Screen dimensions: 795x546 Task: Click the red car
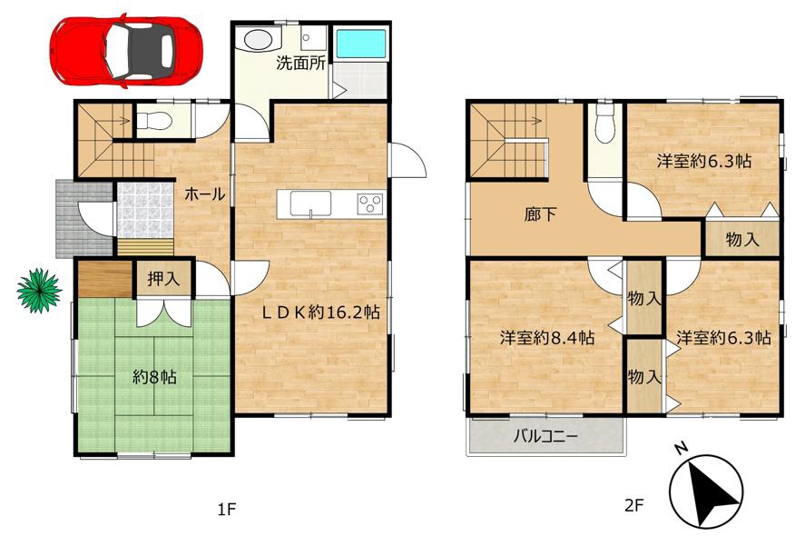pyautogui.click(x=126, y=51)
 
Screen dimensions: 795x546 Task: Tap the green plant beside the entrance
pyautogui.click(x=39, y=291)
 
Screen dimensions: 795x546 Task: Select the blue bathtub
pyautogui.click(x=361, y=43)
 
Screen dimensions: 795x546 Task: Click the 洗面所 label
pyautogui.click(x=300, y=64)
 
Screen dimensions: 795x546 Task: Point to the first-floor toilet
pyautogui.click(x=154, y=120)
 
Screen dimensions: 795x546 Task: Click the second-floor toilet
pyautogui.click(x=604, y=124)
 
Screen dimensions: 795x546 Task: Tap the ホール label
pyautogui.click(x=204, y=194)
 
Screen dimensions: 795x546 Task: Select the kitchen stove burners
pyautogui.click(x=369, y=204)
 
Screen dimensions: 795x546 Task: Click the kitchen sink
pyautogui.click(x=310, y=204)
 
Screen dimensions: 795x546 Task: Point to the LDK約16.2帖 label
pyautogui.click(x=320, y=313)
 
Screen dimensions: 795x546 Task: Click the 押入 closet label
pyautogui.click(x=163, y=279)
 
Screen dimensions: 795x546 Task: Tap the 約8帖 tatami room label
pyautogui.click(x=154, y=377)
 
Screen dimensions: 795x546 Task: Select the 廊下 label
pyautogui.click(x=540, y=214)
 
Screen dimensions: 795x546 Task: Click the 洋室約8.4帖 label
pyautogui.click(x=547, y=337)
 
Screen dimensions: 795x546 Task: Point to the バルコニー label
pyautogui.click(x=545, y=436)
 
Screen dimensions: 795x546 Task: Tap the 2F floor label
pyautogui.click(x=633, y=505)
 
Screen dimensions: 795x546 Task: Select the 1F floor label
pyautogui.click(x=227, y=509)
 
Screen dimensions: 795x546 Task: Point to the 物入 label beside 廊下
pyautogui.click(x=742, y=239)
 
